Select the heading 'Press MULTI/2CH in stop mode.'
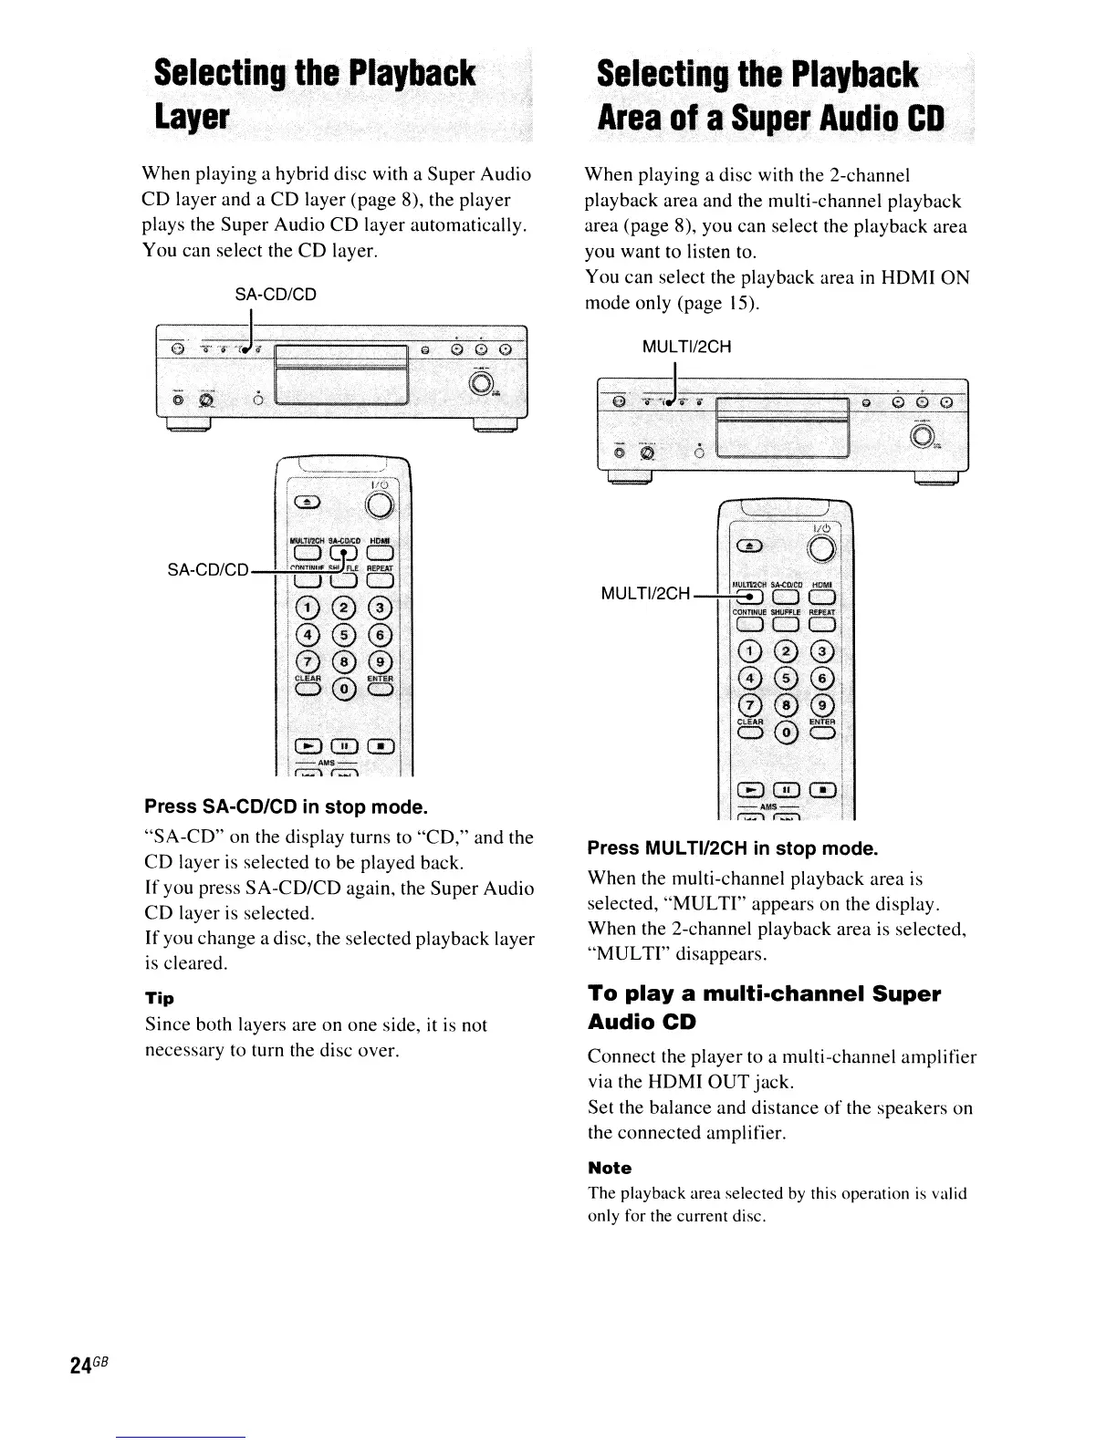tap(732, 849)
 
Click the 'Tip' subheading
tap(160, 997)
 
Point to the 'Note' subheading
tap(609, 1168)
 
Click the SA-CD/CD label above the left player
tap(276, 295)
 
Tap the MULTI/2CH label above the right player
tap(686, 347)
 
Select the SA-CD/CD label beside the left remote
tap(207, 570)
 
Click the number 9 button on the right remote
tap(822, 706)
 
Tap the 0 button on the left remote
tap(344, 688)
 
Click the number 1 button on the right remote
tap(750, 651)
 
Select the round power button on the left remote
tap(380, 505)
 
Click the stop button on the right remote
tap(822, 790)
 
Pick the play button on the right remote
tap(750, 790)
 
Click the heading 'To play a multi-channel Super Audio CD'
tap(763, 1007)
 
